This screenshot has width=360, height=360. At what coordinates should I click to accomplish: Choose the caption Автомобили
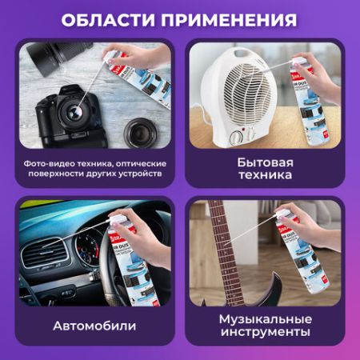94,326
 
